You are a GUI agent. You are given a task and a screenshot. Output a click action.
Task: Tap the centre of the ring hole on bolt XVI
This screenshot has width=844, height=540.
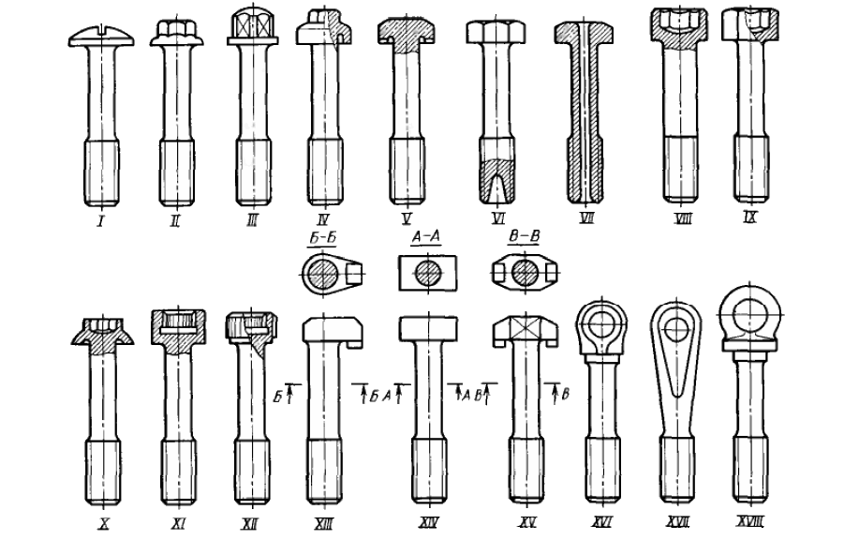(x=601, y=323)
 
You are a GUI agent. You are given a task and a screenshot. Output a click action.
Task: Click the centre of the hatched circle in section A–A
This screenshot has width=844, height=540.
(x=428, y=273)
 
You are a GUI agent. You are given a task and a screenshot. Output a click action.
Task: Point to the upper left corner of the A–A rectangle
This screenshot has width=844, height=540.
(x=399, y=256)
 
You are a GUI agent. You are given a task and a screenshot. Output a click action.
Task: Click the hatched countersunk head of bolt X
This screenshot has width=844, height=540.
(x=103, y=336)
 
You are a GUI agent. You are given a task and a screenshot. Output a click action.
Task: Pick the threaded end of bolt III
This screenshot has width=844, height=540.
(x=252, y=172)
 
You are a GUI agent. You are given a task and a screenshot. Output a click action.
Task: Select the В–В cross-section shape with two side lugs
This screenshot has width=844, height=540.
(x=525, y=273)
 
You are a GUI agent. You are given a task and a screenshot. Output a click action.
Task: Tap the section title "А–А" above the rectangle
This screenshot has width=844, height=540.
(x=426, y=236)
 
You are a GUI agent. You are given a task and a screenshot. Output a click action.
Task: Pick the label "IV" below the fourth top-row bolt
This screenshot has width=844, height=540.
(x=323, y=218)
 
